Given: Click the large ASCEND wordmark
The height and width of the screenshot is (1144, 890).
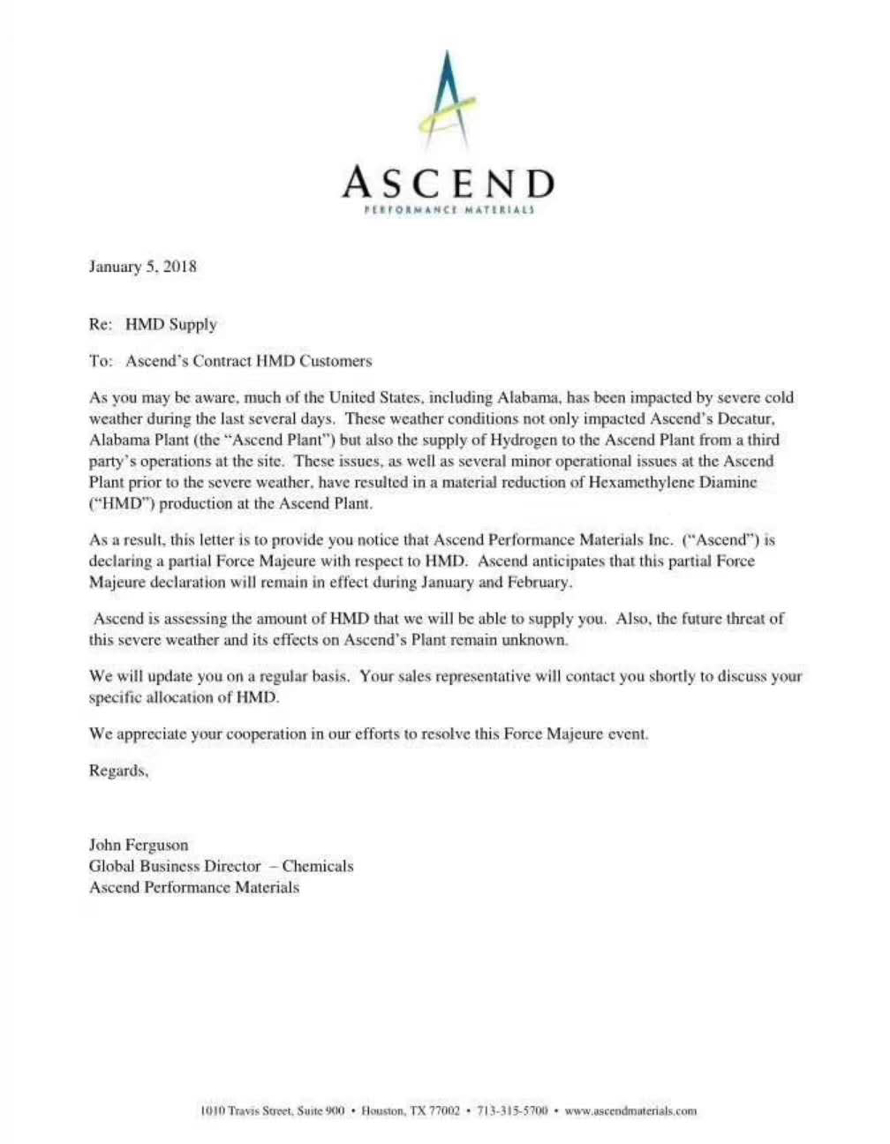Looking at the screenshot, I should tap(448, 183).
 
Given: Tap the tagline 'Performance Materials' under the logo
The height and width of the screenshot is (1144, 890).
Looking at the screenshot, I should tap(449, 211).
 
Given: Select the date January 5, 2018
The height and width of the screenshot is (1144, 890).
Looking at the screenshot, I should tap(142, 267).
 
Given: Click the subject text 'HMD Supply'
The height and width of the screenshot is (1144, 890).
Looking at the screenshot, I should tap(170, 324).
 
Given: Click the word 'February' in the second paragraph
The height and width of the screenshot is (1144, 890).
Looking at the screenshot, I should tap(539, 582).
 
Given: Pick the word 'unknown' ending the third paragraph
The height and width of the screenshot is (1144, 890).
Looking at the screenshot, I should tap(535, 640).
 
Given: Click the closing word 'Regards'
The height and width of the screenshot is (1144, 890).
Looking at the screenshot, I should tap(117, 771).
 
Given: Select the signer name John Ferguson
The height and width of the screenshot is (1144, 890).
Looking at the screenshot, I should tap(139, 845).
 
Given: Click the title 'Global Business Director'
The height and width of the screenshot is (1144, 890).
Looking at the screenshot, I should tap(175, 866).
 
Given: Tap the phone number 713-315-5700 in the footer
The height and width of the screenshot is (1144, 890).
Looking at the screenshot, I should tap(512, 1110).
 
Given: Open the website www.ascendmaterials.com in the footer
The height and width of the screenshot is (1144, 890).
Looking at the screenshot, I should tap(630, 1110).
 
